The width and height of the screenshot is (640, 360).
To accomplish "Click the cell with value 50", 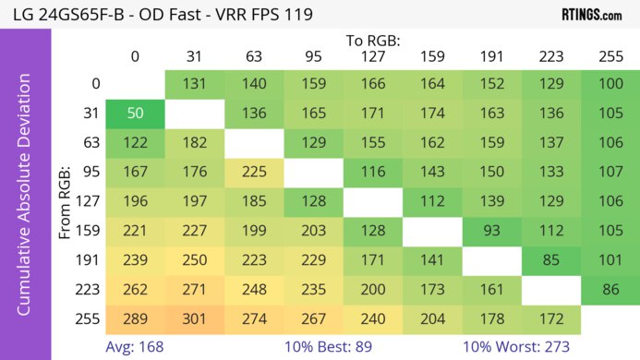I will (x=134, y=114).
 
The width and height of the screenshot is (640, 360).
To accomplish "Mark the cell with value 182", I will (x=194, y=143).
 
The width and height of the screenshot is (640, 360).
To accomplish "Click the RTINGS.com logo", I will (x=591, y=15).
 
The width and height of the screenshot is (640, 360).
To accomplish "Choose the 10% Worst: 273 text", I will (x=516, y=346).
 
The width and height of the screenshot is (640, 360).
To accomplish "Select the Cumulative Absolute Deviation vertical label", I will (x=25, y=201).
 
